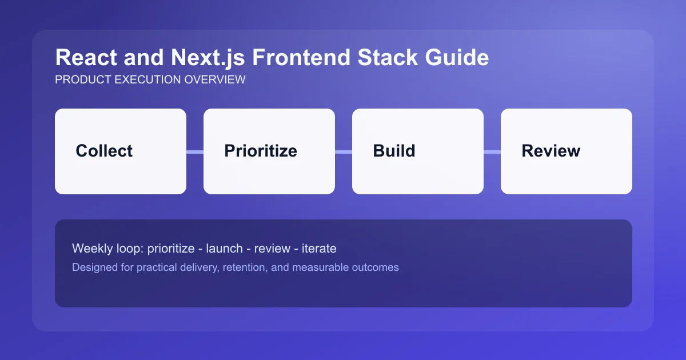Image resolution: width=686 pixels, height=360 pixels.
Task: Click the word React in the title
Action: tap(79, 58)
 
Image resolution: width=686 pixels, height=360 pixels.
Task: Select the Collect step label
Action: tap(104, 151)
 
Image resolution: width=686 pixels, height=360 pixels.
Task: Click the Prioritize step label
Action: tap(261, 151)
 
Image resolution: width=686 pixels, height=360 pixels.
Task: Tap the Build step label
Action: tap(394, 151)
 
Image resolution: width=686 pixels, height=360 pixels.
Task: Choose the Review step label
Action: tap(551, 151)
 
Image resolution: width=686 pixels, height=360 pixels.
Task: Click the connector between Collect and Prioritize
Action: tap(195, 151)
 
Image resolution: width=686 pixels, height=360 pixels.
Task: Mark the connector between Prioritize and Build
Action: tap(344, 151)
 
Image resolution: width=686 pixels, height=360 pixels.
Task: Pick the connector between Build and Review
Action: tap(492, 151)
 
